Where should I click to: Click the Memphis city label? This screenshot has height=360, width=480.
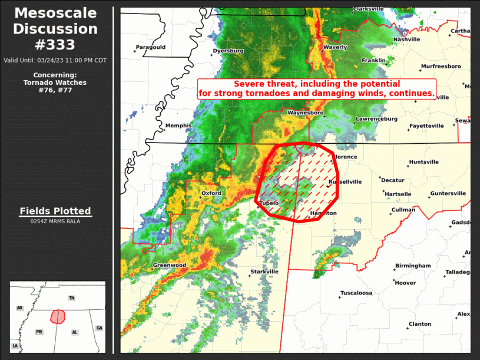coord(178,125)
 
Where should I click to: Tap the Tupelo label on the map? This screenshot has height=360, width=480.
coord(269,203)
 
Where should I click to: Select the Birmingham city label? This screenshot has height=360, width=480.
coord(413,266)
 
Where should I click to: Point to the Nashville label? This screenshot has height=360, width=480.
coord(407,39)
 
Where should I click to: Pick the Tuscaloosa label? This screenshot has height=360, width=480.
coord(356,293)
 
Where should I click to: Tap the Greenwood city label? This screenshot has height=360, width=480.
coord(170,265)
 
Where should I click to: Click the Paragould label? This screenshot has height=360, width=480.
coord(151,47)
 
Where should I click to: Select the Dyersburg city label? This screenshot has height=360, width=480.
coord(229,51)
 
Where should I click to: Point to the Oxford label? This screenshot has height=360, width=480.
coord(211,193)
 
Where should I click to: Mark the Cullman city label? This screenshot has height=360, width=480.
coord(403,210)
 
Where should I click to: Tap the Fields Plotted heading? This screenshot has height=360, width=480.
coord(55,211)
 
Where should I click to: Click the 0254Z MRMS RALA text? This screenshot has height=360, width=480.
coord(55,222)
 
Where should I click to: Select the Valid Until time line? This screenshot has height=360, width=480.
coord(55,60)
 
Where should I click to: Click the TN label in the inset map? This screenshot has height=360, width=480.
coord(72,298)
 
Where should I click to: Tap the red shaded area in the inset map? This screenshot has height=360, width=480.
coord(57,316)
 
